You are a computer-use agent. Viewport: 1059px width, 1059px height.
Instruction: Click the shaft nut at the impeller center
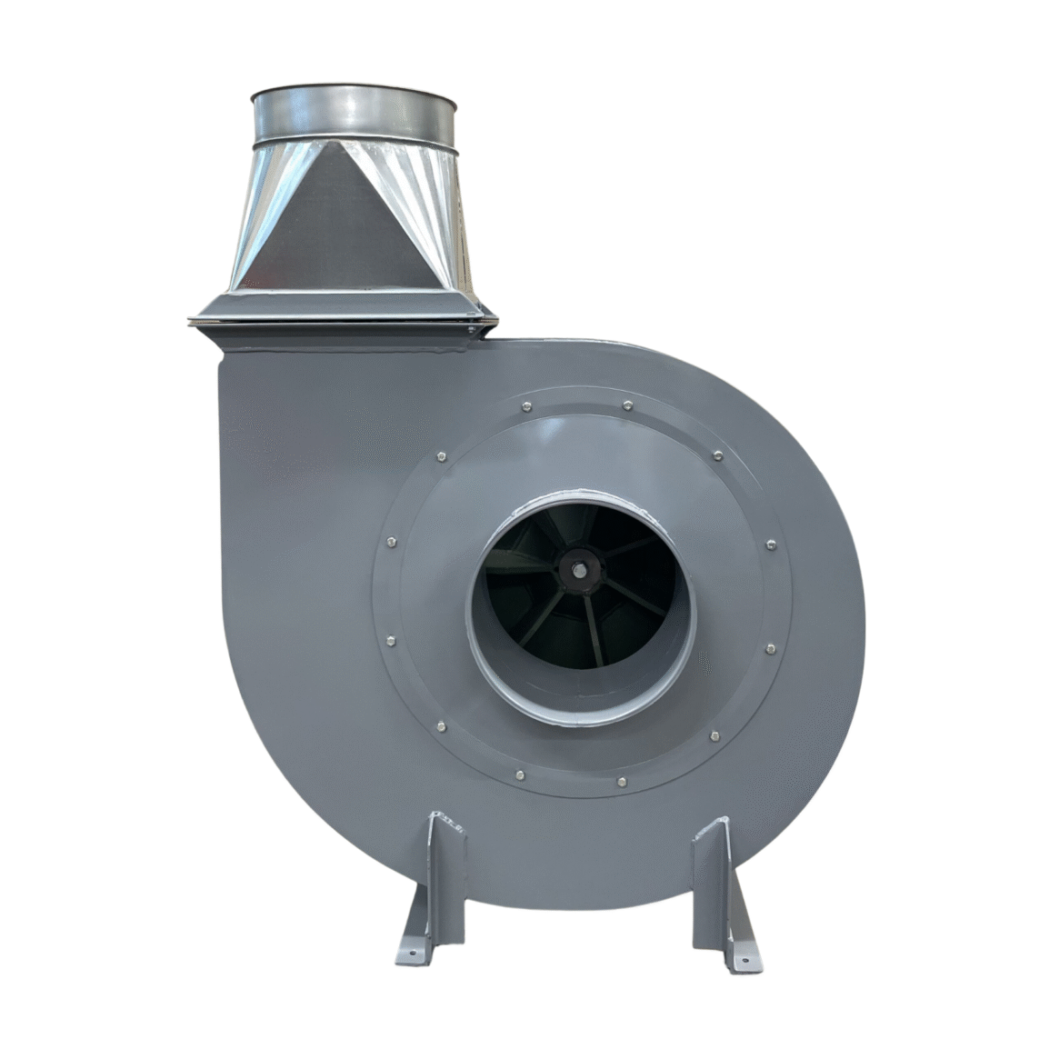(578, 571)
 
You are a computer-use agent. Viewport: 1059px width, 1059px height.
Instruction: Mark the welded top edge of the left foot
(443, 819)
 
